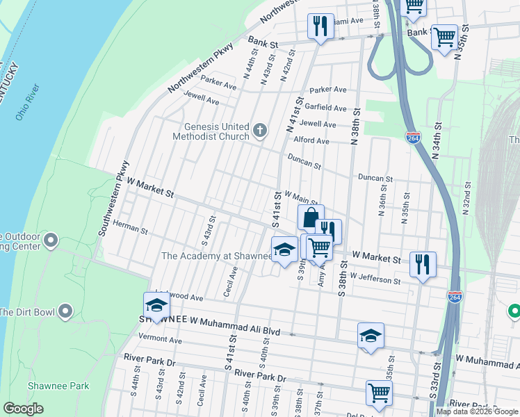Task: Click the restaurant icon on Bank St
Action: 320,26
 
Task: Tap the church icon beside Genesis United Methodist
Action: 260,130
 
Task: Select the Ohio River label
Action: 28,102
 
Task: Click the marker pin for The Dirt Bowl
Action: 66,311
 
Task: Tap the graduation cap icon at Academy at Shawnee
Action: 284,250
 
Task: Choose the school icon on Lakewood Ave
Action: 156,305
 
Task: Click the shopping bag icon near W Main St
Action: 311,217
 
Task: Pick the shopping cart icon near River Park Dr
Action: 379,393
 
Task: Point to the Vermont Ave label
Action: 159,339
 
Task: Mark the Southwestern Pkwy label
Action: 113,198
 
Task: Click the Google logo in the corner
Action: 23,409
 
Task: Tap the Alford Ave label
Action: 312,140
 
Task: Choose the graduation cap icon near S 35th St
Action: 371,336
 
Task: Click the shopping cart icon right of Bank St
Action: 444,35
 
